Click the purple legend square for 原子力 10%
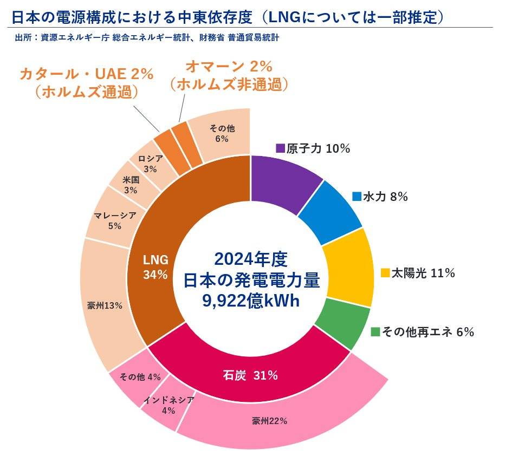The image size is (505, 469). pos(280,148)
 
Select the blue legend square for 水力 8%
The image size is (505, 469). pos(356,197)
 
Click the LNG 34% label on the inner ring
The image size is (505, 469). pos(156,266)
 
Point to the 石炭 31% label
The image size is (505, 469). pos(250,375)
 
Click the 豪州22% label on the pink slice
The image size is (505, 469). pos(269,421)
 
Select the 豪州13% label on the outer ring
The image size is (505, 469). pos(105,305)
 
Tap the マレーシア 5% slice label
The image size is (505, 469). pos(114,220)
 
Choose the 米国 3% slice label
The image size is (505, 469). pos(131,185)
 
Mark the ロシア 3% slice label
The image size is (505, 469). pos(150,164)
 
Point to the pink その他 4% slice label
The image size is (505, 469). pos(140,377)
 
